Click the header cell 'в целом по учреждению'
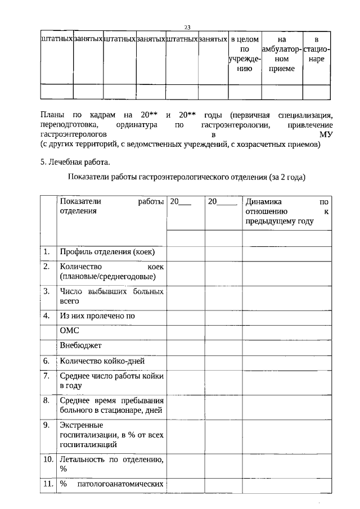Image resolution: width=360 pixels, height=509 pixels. click(x=245, y=54)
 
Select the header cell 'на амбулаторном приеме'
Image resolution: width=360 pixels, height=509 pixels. click(x=282, y=54)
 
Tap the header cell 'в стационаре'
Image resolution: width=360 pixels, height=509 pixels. click(x=317, y=49)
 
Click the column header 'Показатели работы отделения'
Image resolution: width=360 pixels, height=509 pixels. click(x=111, y=206)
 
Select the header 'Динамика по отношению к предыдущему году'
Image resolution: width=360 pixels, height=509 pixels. click(x=286, y=211)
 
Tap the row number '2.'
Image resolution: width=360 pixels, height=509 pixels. click(x=47, y=266)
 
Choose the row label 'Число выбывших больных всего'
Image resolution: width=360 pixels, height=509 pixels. click(x=111, y=296)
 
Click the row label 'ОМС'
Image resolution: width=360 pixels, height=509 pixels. click(x=69, y=331)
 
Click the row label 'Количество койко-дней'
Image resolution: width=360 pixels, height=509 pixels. click(x=106, y=362)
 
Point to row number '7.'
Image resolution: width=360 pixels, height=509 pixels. click(x=47, y=375)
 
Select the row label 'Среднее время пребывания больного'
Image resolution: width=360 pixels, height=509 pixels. click(x=111, y=405)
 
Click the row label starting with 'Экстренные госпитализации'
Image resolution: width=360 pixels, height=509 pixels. click(x=111, y=435)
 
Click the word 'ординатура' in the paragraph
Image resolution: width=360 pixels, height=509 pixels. click(x=138, y=124)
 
